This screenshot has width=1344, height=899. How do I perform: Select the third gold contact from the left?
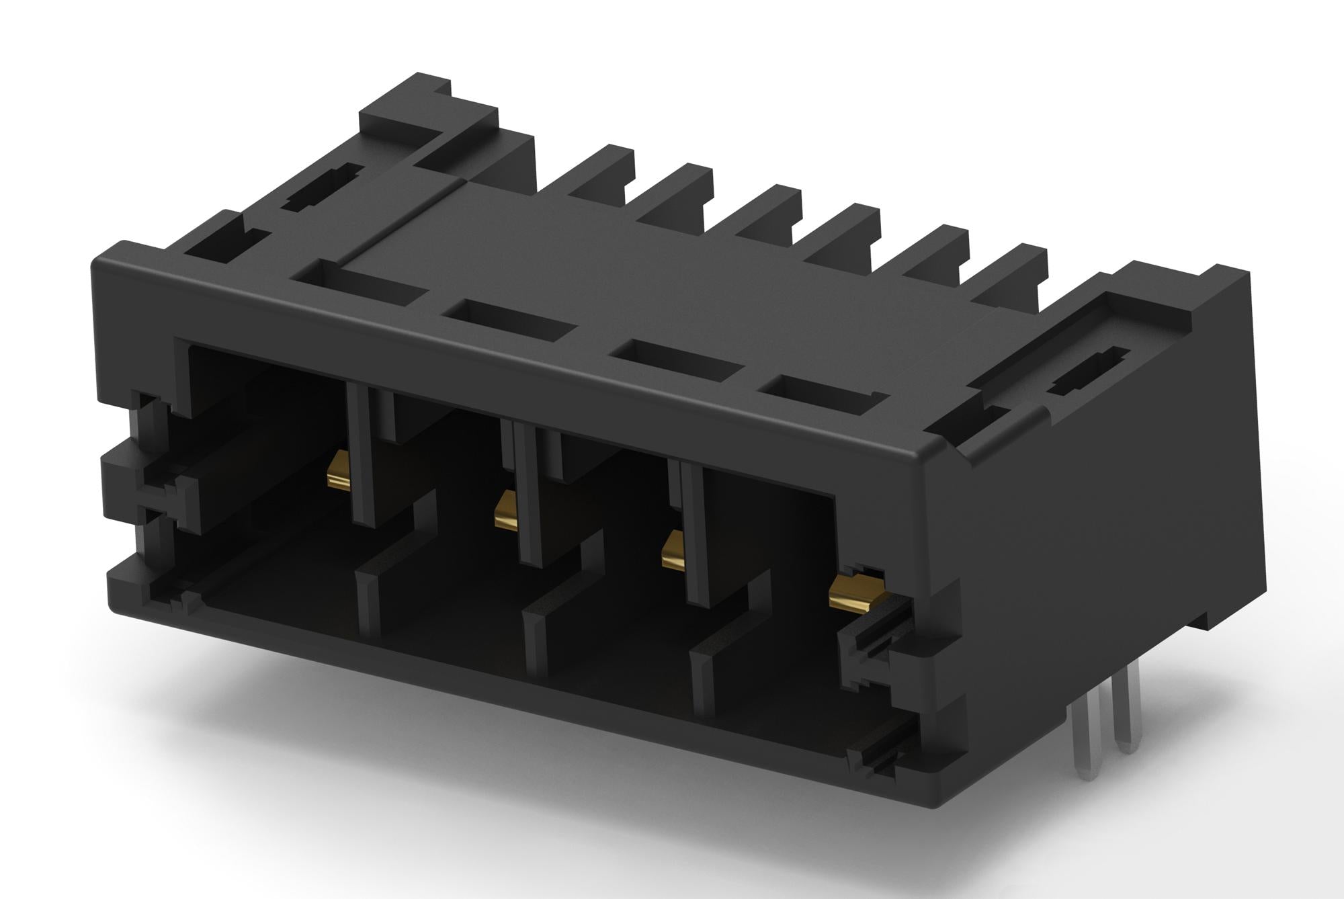(673, 551)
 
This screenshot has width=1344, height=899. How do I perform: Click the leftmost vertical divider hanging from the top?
(362, 457)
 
